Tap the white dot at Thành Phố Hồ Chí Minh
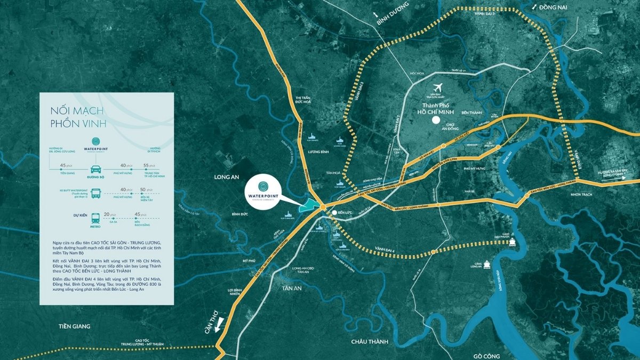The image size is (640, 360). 436,121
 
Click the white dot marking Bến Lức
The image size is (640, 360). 334,213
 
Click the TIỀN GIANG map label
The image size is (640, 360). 74,326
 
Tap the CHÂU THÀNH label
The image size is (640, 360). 370,341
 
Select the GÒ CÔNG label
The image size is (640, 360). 489,356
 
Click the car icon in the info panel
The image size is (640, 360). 96,170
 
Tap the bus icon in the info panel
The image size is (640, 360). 96,193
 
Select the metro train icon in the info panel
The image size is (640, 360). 96,218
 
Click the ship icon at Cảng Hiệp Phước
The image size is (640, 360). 513,243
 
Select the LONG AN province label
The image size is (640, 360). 225,177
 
